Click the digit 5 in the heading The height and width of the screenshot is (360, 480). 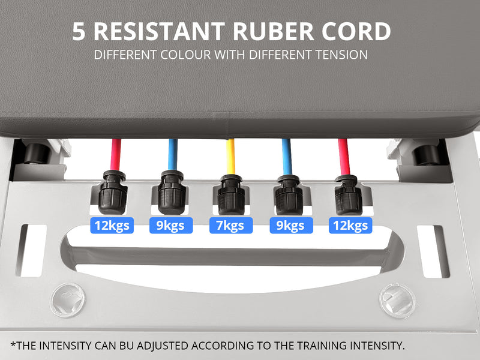point(79,32)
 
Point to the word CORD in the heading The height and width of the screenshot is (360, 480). point(356,32)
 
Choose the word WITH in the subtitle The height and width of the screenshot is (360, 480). point(230,55)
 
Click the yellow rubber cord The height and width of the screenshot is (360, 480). point(231,157)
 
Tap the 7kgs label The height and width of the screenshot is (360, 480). point(231,226)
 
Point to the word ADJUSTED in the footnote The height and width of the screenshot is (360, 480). point(162,346)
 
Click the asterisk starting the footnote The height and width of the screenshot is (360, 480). point(13,344)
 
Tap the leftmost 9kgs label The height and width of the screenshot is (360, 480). point(171,226)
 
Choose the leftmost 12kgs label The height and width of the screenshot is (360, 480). point(112,226)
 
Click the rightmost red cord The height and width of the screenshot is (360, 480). point(344,157)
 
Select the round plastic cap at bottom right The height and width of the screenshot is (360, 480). point(397,301)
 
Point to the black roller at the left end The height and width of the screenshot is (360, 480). point(37,153)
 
